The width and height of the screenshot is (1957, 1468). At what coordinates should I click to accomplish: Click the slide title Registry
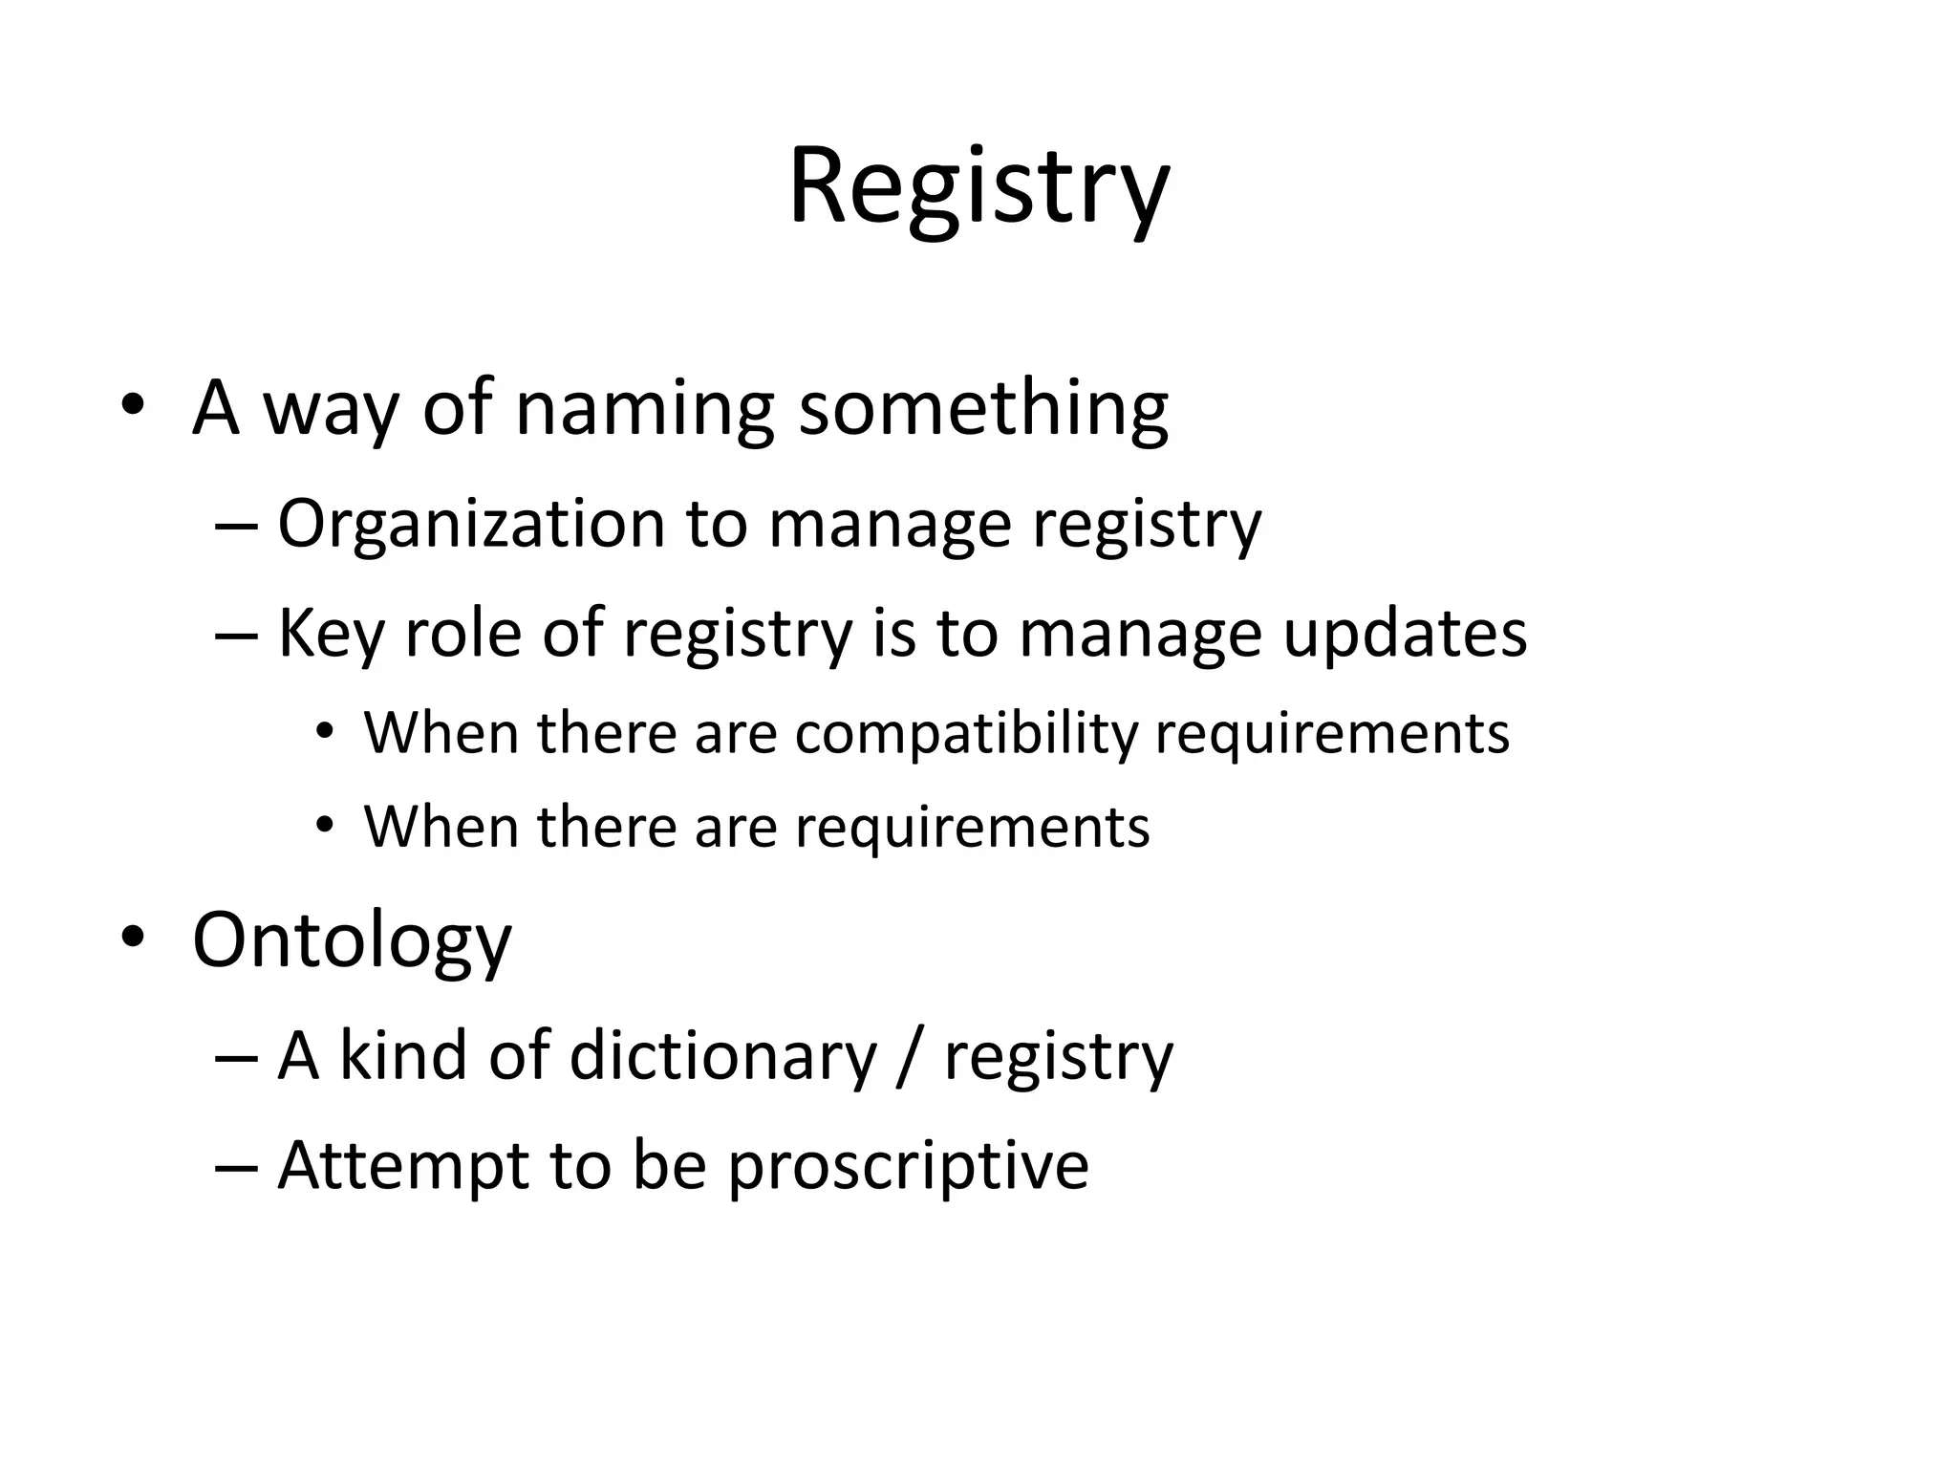point(978,186)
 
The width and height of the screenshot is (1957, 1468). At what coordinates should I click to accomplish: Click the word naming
point(643,409)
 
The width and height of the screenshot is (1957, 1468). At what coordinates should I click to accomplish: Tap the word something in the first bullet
point(982,409)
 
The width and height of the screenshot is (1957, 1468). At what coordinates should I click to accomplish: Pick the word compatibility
point(966,734)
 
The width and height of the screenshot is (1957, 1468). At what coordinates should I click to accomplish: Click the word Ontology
point(352,940)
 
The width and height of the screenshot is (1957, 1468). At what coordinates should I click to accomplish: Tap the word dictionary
point(721,1056)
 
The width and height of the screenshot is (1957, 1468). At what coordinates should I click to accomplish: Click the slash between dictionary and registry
point(910,1056)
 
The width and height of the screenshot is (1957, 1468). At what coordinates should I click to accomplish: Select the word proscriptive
point(908,1166)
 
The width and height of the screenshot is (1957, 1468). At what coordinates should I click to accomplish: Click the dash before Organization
point(236,526)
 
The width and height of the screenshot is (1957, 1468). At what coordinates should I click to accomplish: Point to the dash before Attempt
point(236,1167)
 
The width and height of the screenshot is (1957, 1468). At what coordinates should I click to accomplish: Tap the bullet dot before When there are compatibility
point(326,732)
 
